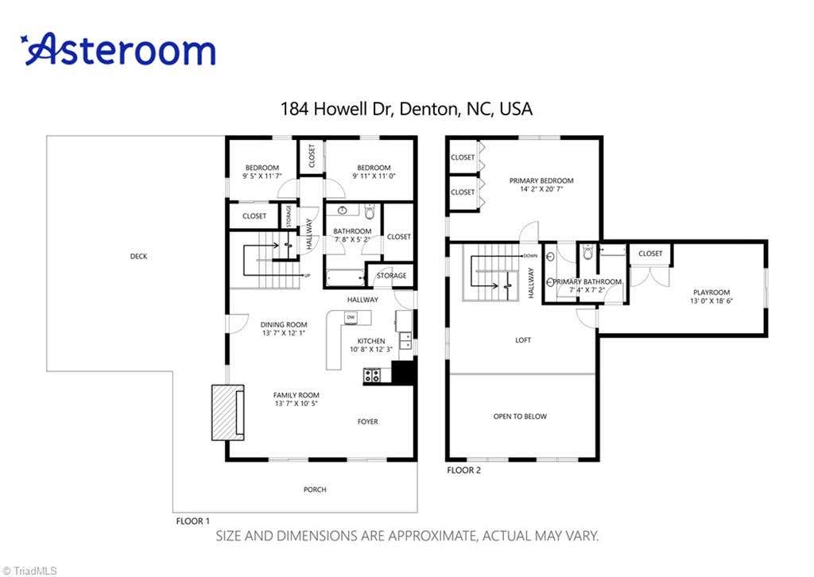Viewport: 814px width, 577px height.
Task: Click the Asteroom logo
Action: tap(118, 49)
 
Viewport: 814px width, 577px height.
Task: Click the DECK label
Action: tap(138, 257)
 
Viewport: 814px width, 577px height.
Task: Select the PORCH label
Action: tap(315, 490)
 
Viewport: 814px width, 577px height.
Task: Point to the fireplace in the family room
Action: tap(228, 412)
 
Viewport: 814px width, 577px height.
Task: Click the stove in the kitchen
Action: tap(371, 374)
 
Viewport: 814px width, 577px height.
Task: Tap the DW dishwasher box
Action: tap(351, 317)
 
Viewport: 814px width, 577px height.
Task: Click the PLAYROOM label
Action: tap(711, 292)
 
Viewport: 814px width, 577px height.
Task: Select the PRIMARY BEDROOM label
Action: tap(541, 180)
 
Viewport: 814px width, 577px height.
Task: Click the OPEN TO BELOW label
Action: tap(520, 416)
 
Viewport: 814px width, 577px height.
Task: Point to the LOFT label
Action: tap(523, 340)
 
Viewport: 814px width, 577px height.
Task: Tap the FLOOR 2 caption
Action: tap(464, 471)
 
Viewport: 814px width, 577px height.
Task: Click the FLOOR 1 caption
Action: tap(193, 521)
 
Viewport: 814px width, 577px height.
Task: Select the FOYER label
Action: tap(368, 422)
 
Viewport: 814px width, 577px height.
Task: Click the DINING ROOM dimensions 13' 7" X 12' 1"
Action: tap(284, 333)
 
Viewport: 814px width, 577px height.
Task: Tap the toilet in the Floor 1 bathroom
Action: tap(370, 212)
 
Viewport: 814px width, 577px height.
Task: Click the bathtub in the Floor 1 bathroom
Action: tap(346, 278)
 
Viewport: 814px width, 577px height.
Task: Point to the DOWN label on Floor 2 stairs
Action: tap(530, 256)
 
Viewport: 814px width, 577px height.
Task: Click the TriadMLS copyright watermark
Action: tap(29, 571)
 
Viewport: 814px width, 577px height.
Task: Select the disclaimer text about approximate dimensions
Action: tap(407, 536)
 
